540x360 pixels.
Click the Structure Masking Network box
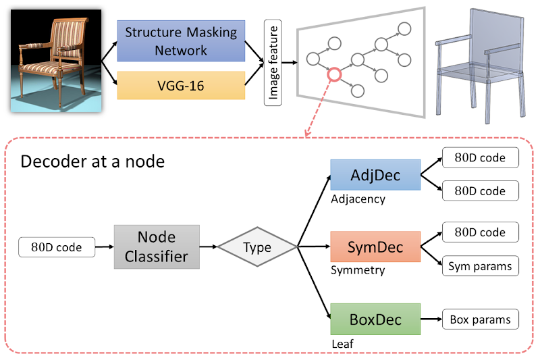(x=181, y=41)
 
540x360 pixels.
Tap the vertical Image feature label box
(x=273, y=63)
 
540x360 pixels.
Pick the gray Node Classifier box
(x=157, y=247)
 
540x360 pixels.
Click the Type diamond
(x=257, y=247)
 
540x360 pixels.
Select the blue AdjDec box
(x=375, y=176)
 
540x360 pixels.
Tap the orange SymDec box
(x=375, y=247)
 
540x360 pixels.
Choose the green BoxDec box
(x=375, y=318)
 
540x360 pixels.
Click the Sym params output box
(x=480, y=266)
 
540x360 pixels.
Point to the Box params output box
(x=480, y=319)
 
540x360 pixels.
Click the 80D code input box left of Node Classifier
(x=57, y=247)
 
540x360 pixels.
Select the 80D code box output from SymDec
(x=480, y=232)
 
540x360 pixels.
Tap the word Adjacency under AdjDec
(x=358, y=199)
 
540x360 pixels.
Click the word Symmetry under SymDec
(x=358, y=270)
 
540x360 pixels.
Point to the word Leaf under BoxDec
(x=342, y=342)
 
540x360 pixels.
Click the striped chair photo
(x=55, y=59)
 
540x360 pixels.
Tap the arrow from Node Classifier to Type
(x=213, y=247)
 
